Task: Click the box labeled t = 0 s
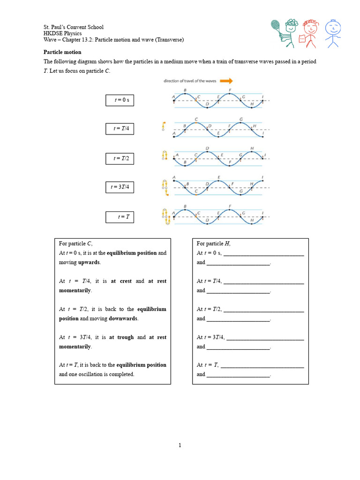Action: coord(120,100)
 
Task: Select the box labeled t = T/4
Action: coord(120,129)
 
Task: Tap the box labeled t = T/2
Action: coord(120,158)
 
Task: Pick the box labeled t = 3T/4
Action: coord(120,187)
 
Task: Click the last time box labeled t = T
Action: coord(120,217)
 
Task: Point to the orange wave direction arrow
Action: coord(226,81)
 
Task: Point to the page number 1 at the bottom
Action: coord(180,445)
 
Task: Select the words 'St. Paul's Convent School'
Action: coord(74,27)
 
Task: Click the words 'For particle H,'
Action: coord(214,244)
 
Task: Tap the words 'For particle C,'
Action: coord(76,244)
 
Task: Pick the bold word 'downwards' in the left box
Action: coord(123,319)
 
